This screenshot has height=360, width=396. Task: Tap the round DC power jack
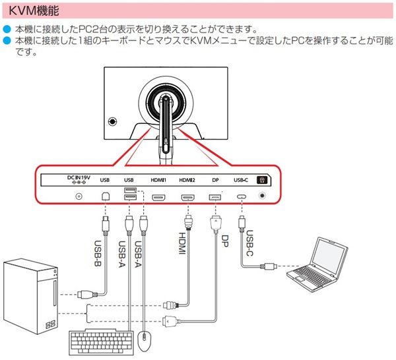(x=80, y=196)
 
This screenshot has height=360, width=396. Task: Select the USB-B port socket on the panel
(x=105, y=196)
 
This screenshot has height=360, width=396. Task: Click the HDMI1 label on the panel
(x=158, y=179)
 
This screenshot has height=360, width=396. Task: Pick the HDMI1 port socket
(x=158, y=196)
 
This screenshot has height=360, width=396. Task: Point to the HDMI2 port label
(x=187, y=179)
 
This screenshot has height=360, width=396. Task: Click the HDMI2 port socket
(x=187, y=196)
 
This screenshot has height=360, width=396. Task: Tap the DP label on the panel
(x=214, y=179)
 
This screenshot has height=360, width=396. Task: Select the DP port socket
(x=214, y=196)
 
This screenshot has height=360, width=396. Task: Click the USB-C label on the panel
(x=241, y=179)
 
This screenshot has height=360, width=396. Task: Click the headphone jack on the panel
(x=265, y=196)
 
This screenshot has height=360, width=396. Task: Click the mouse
(x=146, y=341)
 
